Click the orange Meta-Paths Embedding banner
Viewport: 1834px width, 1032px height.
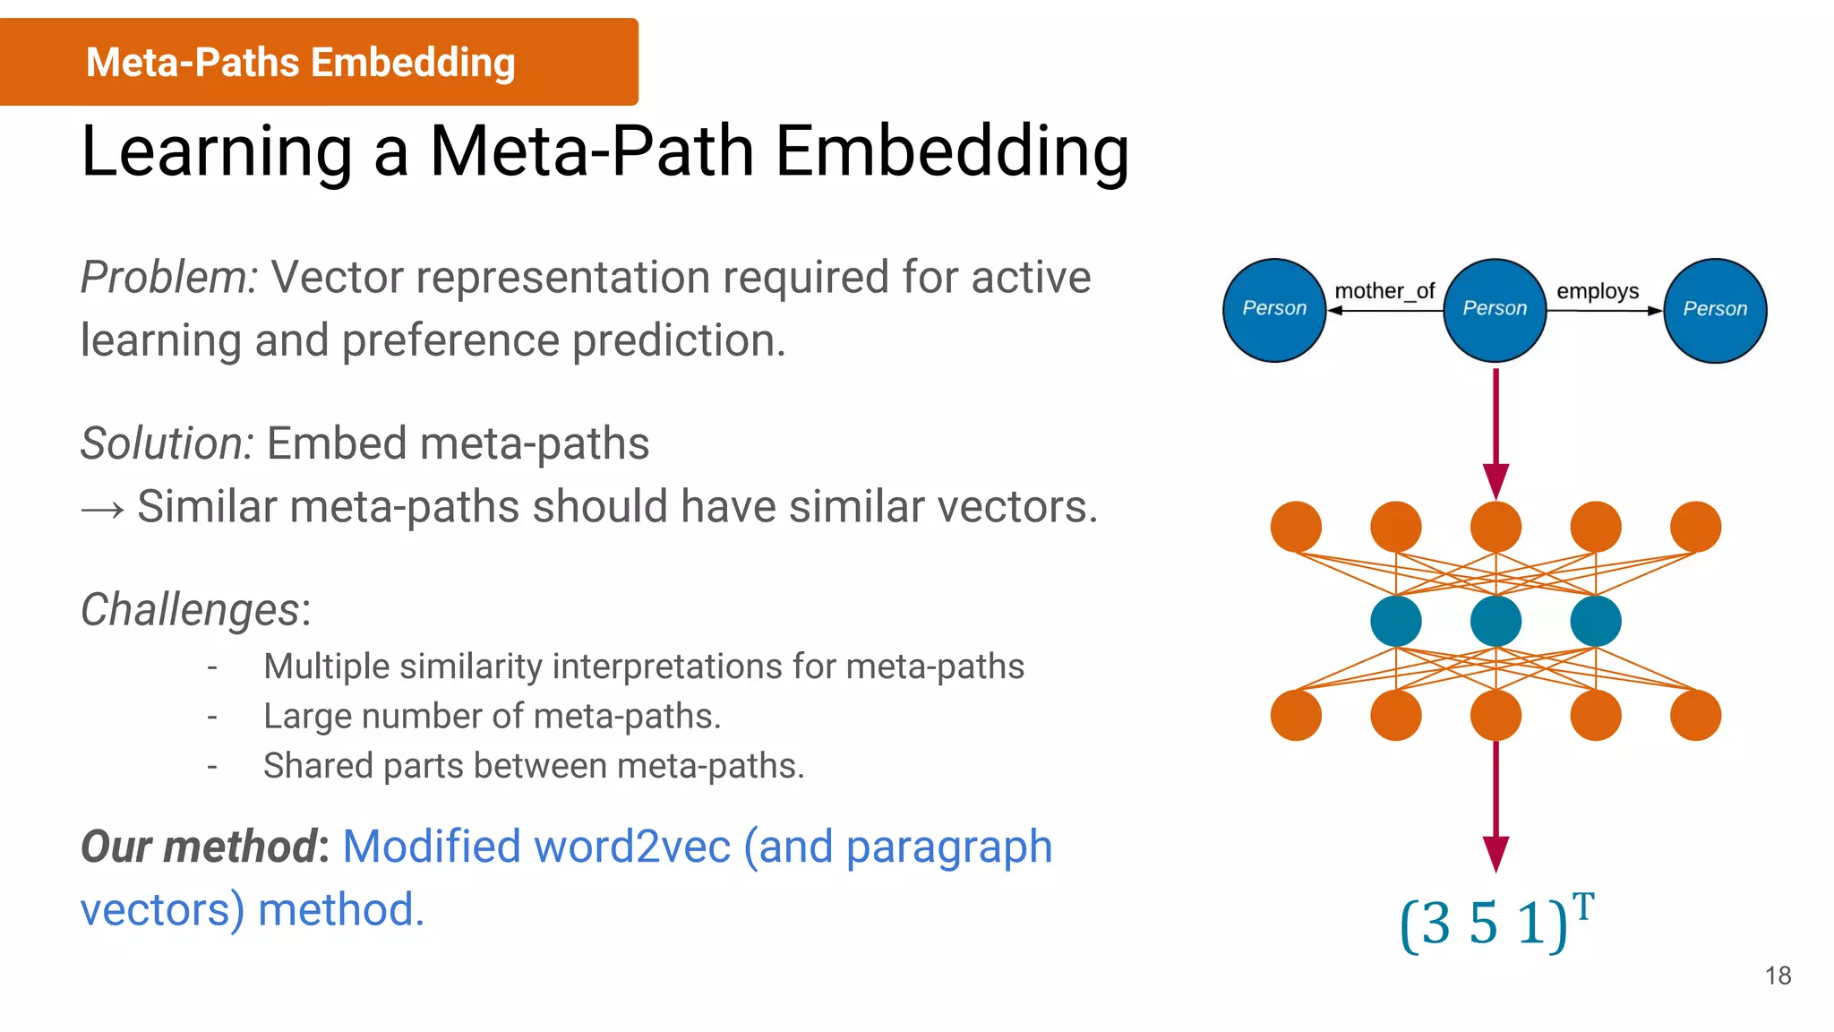(318, 62)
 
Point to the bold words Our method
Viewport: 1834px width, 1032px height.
(199, 847)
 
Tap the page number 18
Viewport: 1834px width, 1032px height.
(1778, 976)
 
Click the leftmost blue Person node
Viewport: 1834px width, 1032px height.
(1273, 310)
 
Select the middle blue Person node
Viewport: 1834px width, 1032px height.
(1495, 310)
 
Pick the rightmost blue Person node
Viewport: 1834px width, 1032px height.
(1715, 310)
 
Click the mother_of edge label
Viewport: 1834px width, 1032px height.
(1384, 291)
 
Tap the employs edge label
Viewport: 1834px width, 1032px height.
(1598, 291)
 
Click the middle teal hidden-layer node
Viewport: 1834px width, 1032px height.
(1495, 621)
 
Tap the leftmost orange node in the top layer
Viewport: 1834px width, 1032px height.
(1296, 527)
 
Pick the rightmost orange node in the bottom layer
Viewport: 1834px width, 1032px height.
(1695, 715)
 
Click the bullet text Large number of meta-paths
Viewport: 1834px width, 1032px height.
(492, 717)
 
